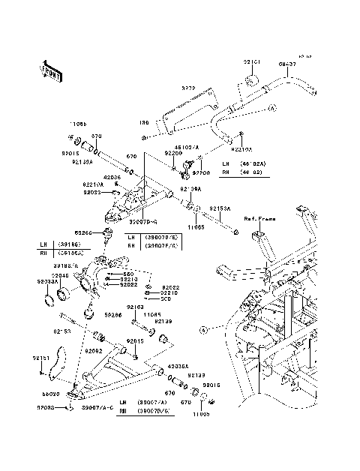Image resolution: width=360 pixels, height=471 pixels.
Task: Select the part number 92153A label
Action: coord(220,208)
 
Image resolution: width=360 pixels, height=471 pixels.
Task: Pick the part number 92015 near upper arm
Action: coord(81,152)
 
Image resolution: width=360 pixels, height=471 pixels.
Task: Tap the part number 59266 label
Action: coord(83,233)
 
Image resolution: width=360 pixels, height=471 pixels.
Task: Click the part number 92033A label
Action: coord(46,282)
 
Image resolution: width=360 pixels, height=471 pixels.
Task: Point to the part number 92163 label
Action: coord(135,328)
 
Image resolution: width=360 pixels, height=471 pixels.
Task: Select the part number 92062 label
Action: coord(94,350)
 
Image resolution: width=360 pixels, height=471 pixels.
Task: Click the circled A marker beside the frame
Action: coord(202,350)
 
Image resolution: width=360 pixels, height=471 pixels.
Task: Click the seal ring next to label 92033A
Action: coord(49,302)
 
